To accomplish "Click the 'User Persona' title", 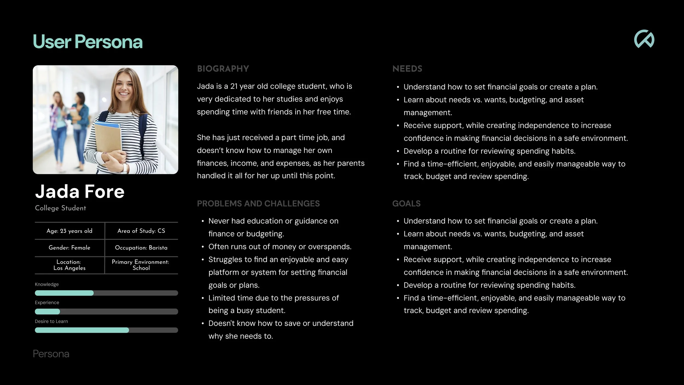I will pos(88,42).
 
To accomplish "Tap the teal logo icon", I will pos(644,39).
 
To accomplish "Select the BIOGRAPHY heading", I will pos(223,69).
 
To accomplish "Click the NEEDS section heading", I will pos(407,69).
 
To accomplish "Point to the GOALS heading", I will pos(406,204).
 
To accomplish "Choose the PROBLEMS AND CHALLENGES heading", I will pos(258,204).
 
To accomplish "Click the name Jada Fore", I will pos(80,191).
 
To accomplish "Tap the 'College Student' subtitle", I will pos(60,208).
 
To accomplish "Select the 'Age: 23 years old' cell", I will pos(69,231).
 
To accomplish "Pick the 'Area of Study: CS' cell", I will pos(141,231).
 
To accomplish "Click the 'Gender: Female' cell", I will pos(69,248).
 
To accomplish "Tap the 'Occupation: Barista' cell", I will pos(141,248).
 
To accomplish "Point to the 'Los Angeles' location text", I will pos(69,268).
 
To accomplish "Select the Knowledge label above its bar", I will pos(47,285).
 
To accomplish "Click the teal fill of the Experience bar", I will pos(47,312).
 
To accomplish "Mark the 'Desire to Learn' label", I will pos(51,321).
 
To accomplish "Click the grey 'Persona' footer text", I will pos(51,354).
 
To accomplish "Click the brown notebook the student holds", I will pos(108,140).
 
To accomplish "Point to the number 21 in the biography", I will pos(234,86).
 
